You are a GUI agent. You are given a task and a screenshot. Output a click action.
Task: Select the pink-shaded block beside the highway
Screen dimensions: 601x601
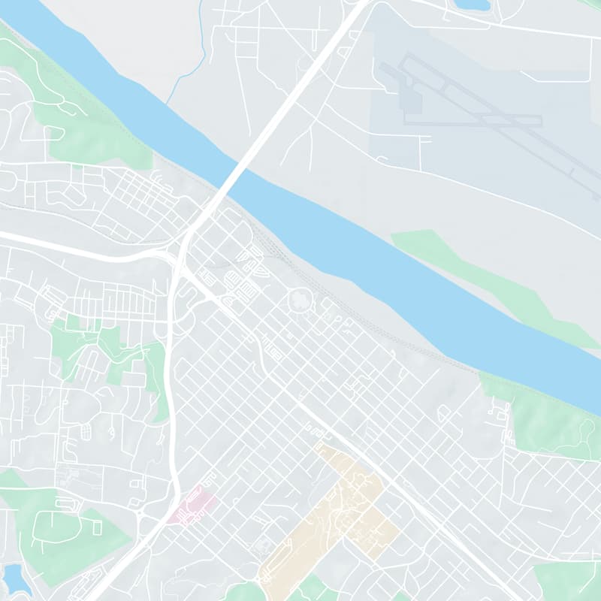[192, 505]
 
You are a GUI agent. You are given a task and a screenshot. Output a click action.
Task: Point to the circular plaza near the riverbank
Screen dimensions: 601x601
[301, 301]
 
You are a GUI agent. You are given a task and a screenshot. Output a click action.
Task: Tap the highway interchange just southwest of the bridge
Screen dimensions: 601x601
[180, 252]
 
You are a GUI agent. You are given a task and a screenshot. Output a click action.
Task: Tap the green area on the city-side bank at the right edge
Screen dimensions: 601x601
[548, 421]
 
